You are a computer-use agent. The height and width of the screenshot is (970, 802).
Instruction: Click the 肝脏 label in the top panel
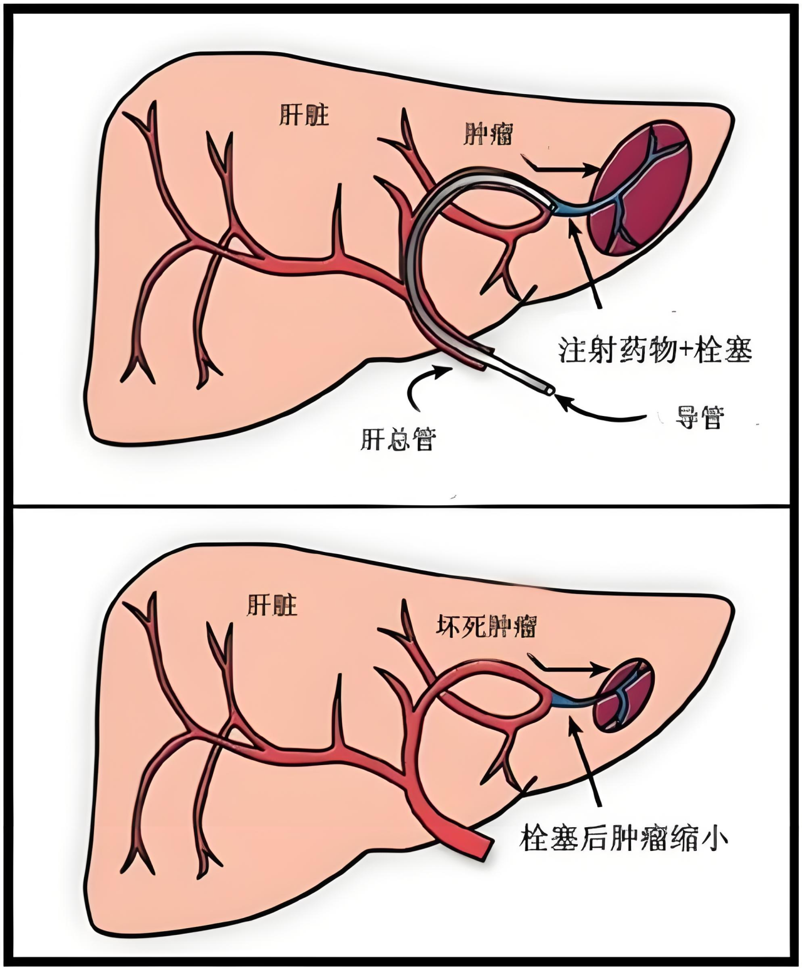(x=304, y=116)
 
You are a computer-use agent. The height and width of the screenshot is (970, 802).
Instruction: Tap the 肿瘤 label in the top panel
(x=489, y=133)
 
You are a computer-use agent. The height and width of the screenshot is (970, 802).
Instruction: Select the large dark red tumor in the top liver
(x=639, y=188)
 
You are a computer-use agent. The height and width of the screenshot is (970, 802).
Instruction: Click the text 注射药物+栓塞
(x=655, y=350)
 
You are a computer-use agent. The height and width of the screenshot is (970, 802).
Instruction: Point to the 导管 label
(x=699, y=417)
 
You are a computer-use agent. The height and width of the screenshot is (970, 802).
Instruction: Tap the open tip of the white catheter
(x=549, y=390)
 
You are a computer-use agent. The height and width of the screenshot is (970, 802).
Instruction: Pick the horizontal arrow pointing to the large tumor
(x=561, y=168)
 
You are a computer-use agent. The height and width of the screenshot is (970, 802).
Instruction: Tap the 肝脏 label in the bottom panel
(x=272, y=605)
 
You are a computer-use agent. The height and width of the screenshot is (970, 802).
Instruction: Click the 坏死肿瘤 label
(x=486, y=626)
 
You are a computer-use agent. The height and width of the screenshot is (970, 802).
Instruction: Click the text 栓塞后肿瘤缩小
(x=623, y=838)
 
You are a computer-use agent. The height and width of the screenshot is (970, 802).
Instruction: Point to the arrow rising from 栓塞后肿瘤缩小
(x=586, y=761)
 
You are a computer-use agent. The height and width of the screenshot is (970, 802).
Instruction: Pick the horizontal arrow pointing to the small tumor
(x=567, y=669)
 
